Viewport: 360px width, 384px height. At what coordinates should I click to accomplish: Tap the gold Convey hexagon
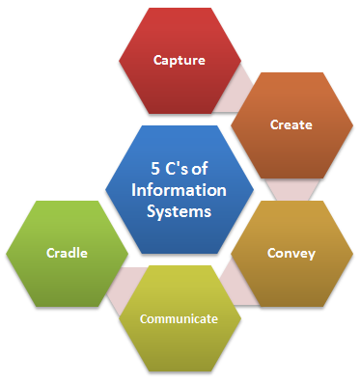[x=291, y=253]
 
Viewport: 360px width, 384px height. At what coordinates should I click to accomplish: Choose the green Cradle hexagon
[x=67, y=253]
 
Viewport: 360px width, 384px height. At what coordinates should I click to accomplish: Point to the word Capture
[x=180, y=60]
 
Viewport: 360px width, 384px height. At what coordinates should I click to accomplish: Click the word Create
[x=291, y=124]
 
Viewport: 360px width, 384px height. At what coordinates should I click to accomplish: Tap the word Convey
[x=291, y=253]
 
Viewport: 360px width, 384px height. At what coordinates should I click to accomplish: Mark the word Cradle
[x=67, y=253]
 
